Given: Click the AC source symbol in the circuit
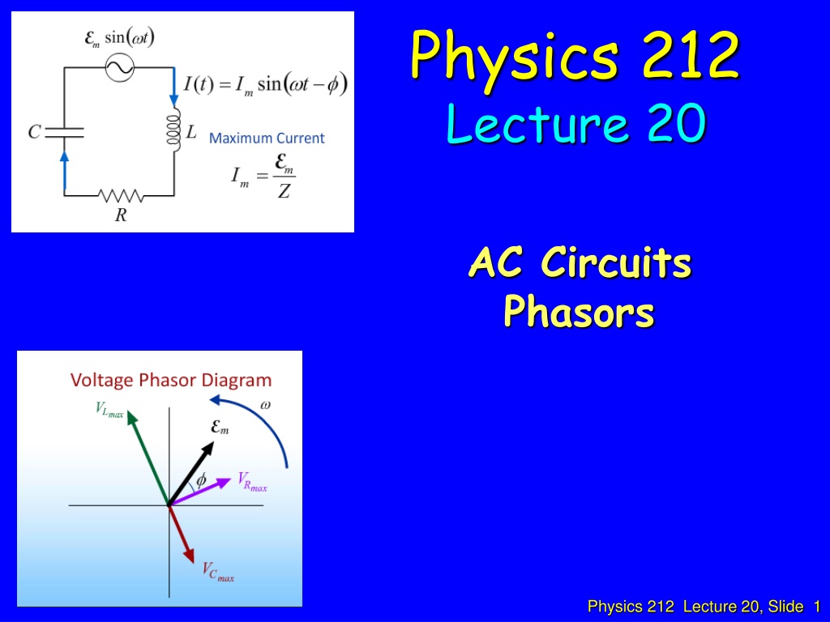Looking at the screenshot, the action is pyautogui.click(x=119, y=67).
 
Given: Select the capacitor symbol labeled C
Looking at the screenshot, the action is pyautogui.click(x=64, y=132).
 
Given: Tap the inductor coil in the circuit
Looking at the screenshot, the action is pyautogui.click(x=173, y=130).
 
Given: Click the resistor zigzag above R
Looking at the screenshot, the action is pyautogui.click(x=121, y=196).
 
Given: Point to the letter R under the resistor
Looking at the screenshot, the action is pyautogui.click(x=122, y=215).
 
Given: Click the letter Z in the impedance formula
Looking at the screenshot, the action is pyautogui.click(x=285, y=190).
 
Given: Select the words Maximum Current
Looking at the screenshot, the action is pyautogui.click(x=267, y=138).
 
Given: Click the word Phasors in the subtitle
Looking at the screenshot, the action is pyautogui.click(x=579, y=312).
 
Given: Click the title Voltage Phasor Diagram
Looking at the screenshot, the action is pyautogui.click(x=171, y=380).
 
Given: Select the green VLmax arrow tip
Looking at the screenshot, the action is pyautogui.click(x=130, y=414).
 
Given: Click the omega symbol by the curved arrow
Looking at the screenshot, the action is pyautogui.click(x=265, y=405).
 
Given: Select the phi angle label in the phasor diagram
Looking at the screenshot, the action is pyautogui.click(x=201, y=480).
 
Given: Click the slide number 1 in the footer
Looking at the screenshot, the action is pyautogui.click(x=817, y=606).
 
